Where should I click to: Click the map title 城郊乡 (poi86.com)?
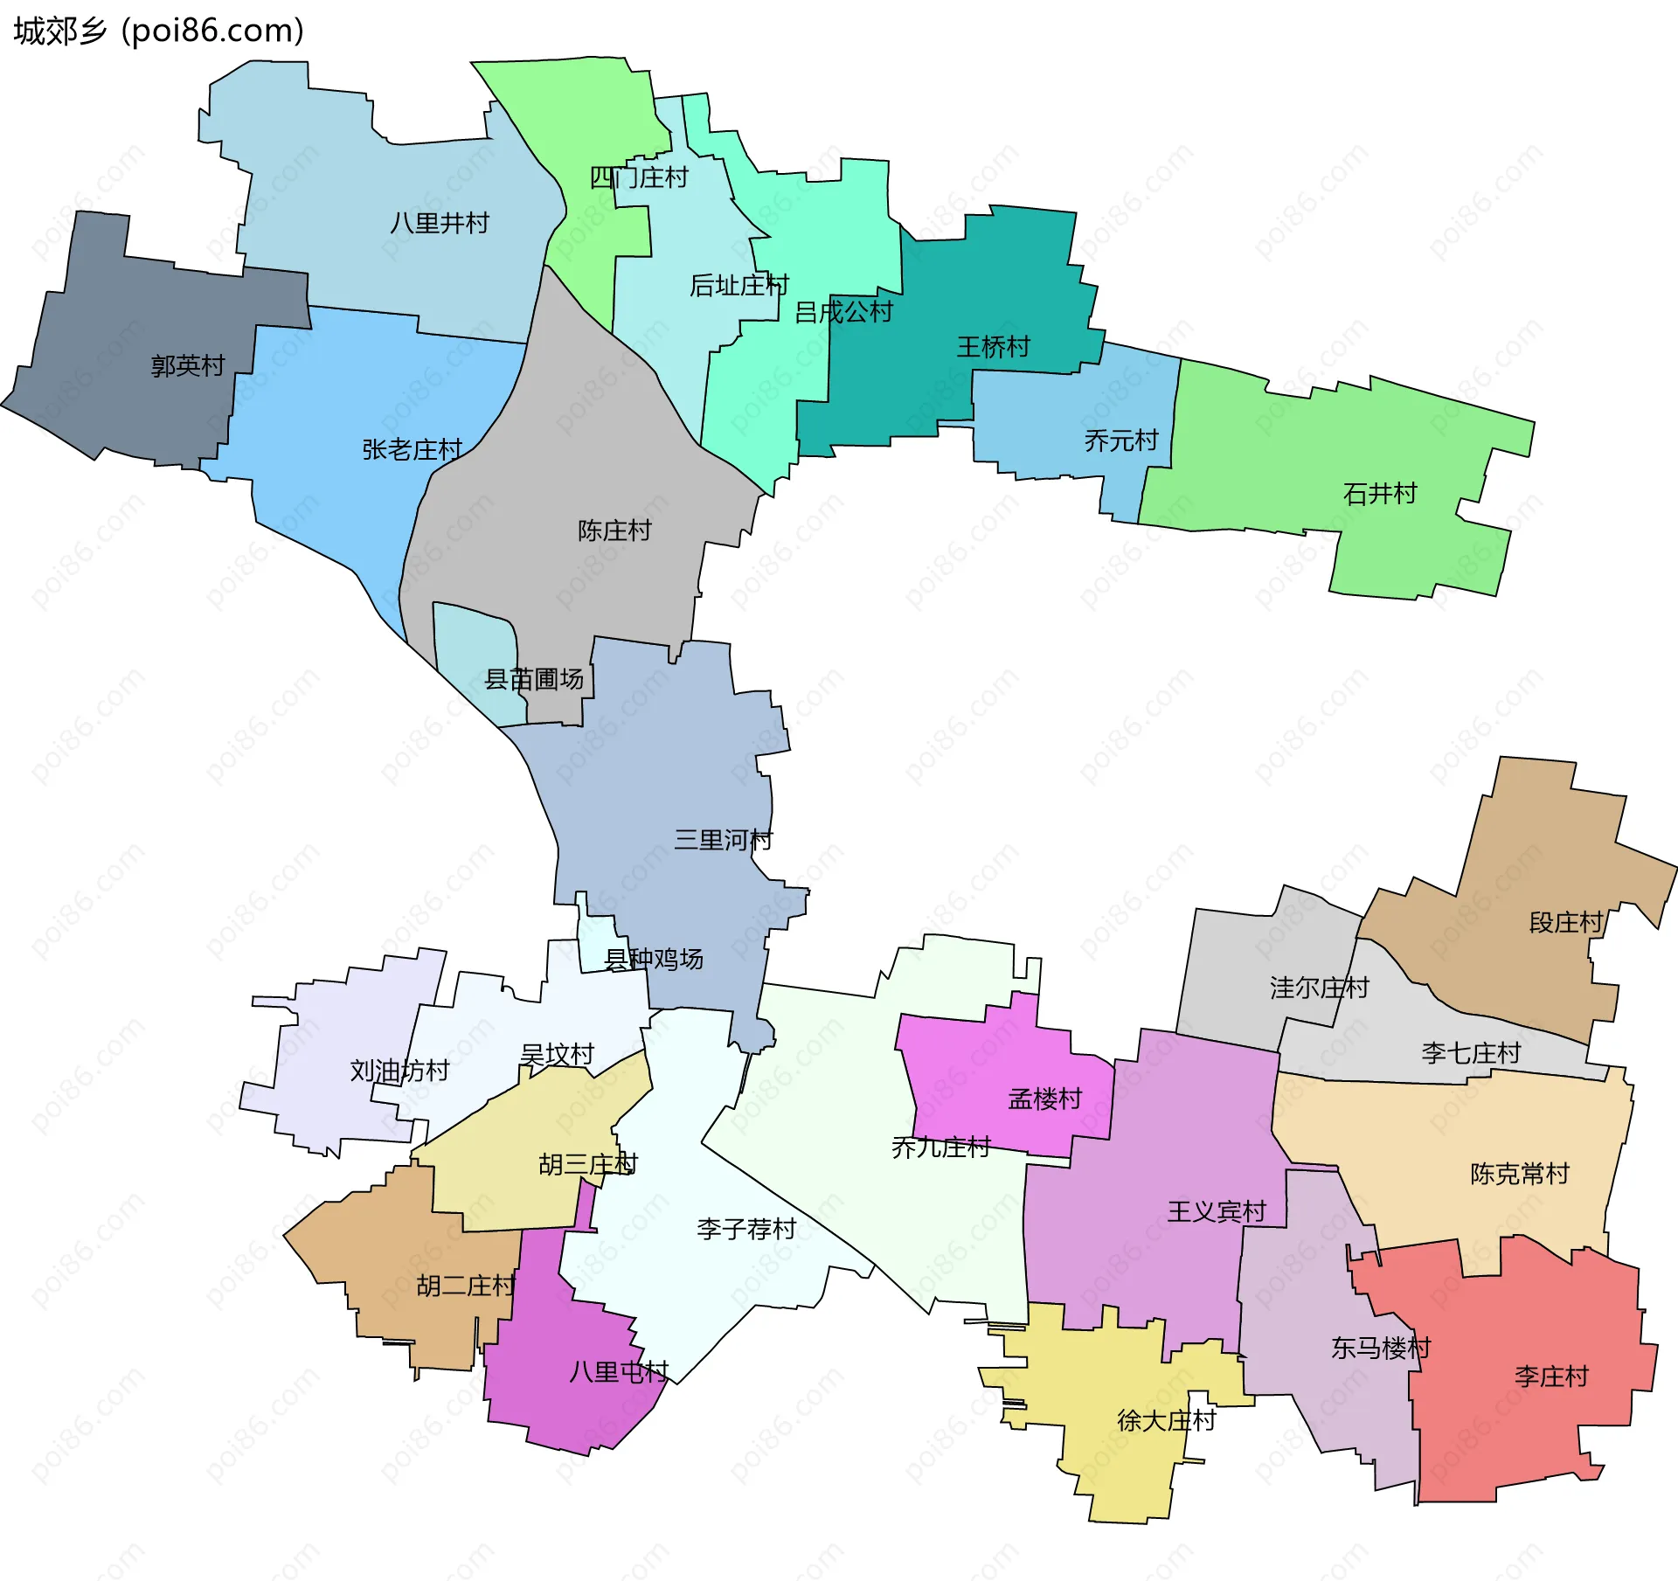click(159, 31)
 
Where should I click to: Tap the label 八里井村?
click(440, 224)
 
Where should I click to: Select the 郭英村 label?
click(188, 366)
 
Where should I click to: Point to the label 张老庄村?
click(413, 450)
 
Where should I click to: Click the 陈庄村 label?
click(614, 530)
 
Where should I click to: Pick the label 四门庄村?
click(639, 178)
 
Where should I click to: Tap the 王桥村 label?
click(993, 348)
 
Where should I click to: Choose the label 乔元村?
click(1121, 440)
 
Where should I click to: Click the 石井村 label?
click(1380, 495)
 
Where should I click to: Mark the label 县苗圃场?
click(534, 679)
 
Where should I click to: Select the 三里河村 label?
click(724, 841)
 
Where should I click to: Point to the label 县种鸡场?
click(654, 960)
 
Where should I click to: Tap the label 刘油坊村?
click(399, 1071)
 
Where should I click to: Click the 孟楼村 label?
click(1045, 1099)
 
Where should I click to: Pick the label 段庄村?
click(1566, 923)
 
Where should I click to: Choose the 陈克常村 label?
click(1520, 1174)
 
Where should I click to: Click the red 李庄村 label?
click(1551, 1377)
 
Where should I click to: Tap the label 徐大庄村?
click(1167, 1421)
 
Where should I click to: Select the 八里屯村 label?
click(619, 1372)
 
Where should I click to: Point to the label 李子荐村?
click(746, 1230)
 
